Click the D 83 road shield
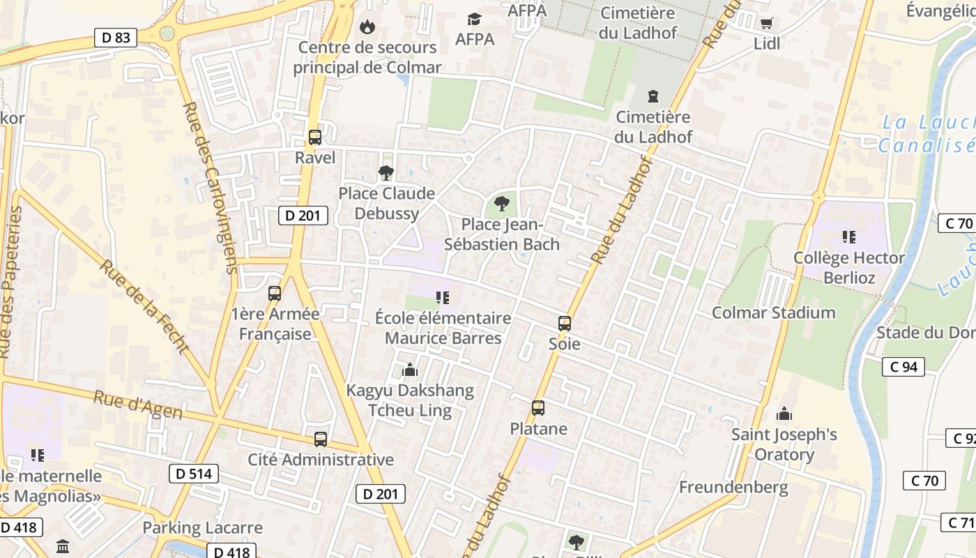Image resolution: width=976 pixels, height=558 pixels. [116, 38]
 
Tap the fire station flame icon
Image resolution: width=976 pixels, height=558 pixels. [366, 27]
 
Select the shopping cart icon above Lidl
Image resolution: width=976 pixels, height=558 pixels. [766, 23]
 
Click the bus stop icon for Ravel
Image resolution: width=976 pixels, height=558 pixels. [315, 137]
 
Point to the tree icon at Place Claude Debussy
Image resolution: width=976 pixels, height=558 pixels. [386, 173]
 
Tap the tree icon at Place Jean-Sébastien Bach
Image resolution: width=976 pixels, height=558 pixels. [501, 204]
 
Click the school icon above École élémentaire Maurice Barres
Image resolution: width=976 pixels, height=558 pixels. [442, 298]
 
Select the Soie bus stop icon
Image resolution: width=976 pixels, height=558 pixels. [565, 324]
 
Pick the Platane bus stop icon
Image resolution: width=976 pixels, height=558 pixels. [538, 408]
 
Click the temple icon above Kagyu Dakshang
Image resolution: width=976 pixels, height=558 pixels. [409, 370]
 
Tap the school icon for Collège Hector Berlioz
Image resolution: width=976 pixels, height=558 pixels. [849, 237]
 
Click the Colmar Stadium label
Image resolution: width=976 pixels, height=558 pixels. [773, 312]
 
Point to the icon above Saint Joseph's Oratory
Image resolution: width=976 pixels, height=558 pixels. [784, 414]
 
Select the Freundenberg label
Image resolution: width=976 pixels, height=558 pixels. [733, 487]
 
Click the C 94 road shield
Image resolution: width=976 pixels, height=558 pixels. [903, 367]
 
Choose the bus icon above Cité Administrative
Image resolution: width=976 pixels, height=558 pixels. [321, 439]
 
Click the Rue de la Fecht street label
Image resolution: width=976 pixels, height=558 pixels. [144, 307]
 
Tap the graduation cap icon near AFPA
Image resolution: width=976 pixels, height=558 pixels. [474, 19]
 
